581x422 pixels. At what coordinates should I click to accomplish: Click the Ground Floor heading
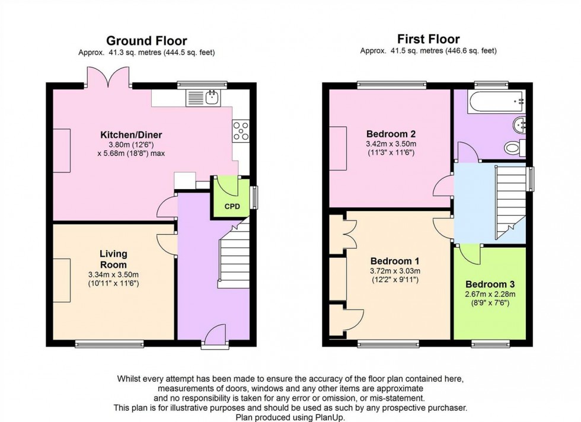[146, 41]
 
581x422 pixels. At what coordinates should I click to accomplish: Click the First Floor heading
[428, 40]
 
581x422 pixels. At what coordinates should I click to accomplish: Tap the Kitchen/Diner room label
[131, 135]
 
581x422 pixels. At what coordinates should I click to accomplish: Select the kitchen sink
[203, 98]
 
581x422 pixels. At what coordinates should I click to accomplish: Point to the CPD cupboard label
[232, 207]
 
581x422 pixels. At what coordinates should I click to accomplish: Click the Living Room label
[113, 260]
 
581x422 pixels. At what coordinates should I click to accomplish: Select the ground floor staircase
[234, 259]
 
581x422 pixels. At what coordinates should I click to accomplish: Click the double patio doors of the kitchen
[107, 78]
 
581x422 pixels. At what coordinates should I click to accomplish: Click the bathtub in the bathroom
[491, 101]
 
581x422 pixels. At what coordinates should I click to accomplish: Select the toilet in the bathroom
[513, 147]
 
